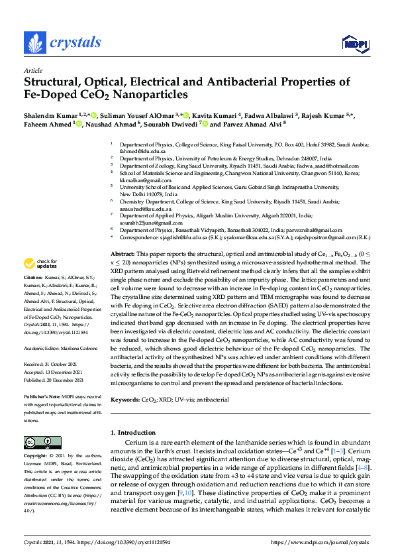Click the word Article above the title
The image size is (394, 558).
pos(33,70)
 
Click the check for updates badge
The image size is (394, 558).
pos(41,263)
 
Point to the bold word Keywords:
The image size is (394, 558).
pos(126,400)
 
